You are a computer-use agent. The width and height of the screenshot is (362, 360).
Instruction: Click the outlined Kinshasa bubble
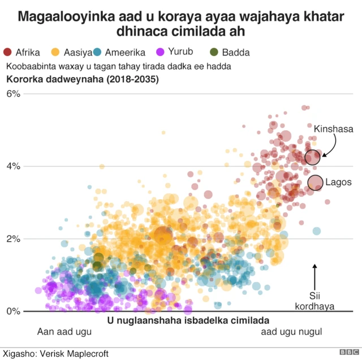point(312,157)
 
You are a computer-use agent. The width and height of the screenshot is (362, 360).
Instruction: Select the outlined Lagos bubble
point(316,182)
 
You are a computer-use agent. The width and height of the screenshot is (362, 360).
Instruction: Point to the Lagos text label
point(338,182)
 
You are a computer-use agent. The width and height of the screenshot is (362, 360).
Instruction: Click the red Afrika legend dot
point(7,53)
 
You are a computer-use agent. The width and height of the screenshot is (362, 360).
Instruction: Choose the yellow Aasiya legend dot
point(55,53)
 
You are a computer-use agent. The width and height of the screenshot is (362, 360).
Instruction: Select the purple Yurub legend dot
point(160,53)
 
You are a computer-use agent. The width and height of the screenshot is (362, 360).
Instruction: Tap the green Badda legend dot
point(214,53)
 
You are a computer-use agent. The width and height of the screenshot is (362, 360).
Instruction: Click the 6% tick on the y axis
point(13,94)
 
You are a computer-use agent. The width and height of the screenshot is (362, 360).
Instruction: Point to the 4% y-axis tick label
point(13,166)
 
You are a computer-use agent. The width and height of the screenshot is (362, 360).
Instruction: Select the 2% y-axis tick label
point(13,239)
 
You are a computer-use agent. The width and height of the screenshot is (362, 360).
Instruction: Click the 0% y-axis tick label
point(13,311)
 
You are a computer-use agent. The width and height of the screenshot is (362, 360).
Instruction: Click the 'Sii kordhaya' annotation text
point(315,301)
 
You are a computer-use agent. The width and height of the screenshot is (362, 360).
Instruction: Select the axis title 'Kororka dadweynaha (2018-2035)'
point(83,79)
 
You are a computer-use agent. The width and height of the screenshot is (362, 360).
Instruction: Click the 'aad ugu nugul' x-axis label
point(291,332)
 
